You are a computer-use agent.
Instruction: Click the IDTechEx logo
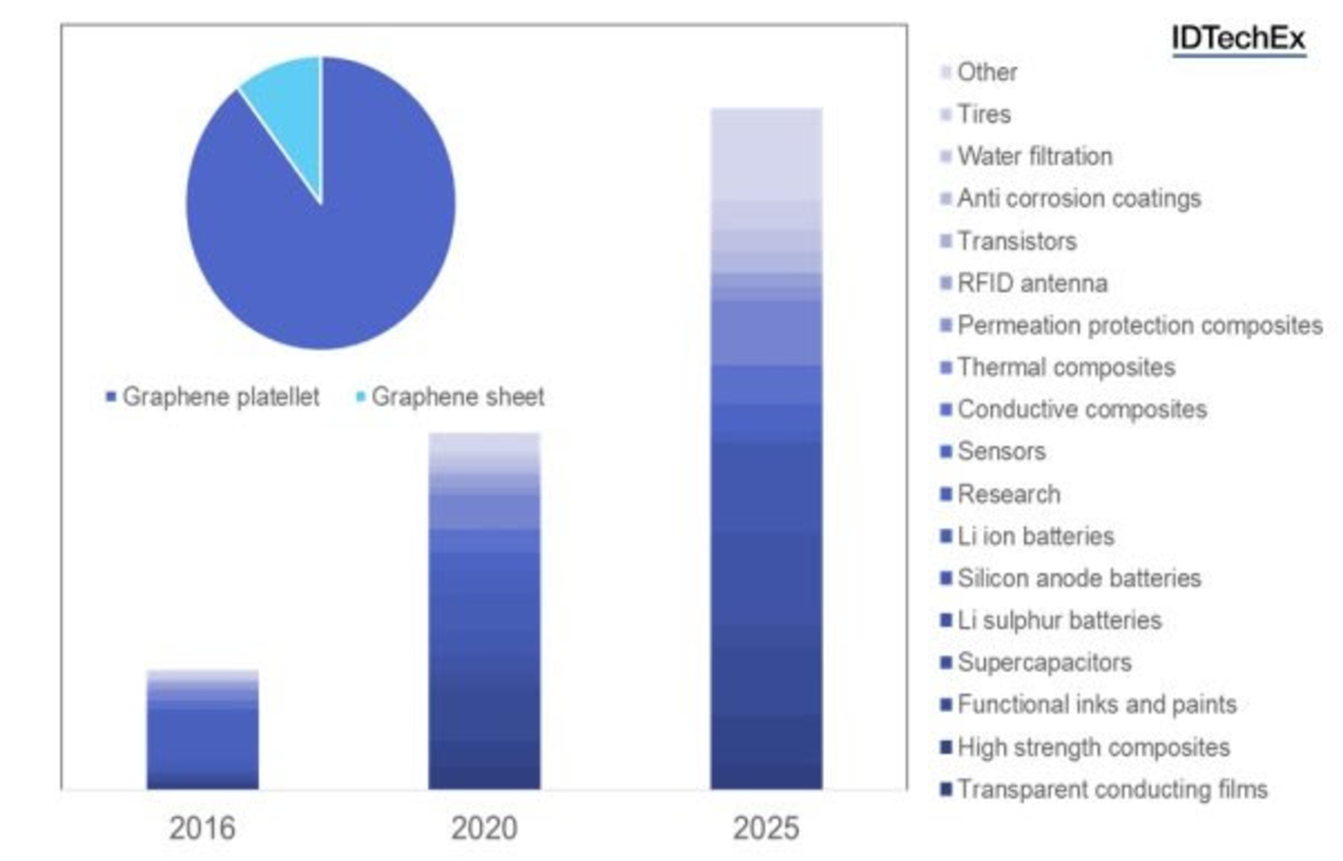pos(1238,38)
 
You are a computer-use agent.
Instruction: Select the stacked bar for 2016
pos(202,731)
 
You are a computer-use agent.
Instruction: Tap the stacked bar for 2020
pos(484,612)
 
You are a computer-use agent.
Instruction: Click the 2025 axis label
pos(766,829)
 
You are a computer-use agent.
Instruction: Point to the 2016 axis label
pos(202,829)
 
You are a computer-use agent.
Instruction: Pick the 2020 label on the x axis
pos(484,829)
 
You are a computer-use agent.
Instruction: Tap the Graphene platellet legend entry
pos(213,397)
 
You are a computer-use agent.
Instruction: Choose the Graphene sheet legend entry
pos(451,397)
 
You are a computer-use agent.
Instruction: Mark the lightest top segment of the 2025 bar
pos(766,154)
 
